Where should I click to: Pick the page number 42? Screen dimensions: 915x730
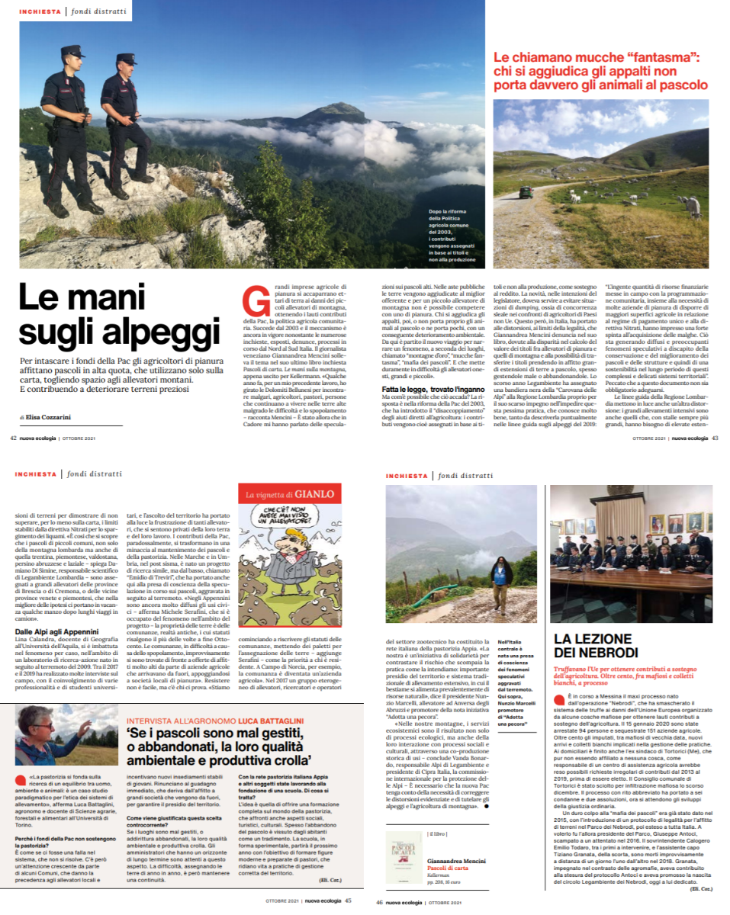(x=14, y=438)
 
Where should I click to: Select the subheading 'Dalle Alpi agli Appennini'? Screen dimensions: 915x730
(x=57, y=631)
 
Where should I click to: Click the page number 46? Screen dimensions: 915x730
(x=379, y=901)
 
